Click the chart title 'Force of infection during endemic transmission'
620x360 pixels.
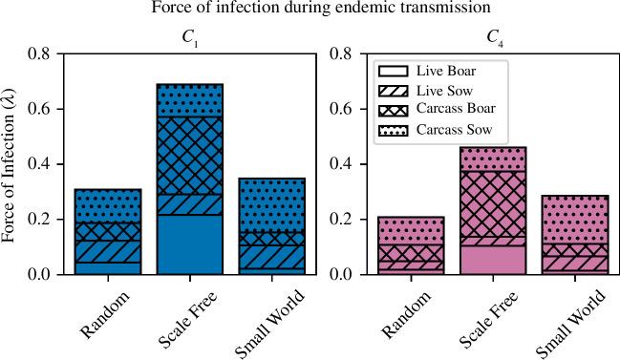coord(310,10)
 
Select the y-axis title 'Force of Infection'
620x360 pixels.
coord(12,164)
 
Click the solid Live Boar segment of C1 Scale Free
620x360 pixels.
coord(190,244)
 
